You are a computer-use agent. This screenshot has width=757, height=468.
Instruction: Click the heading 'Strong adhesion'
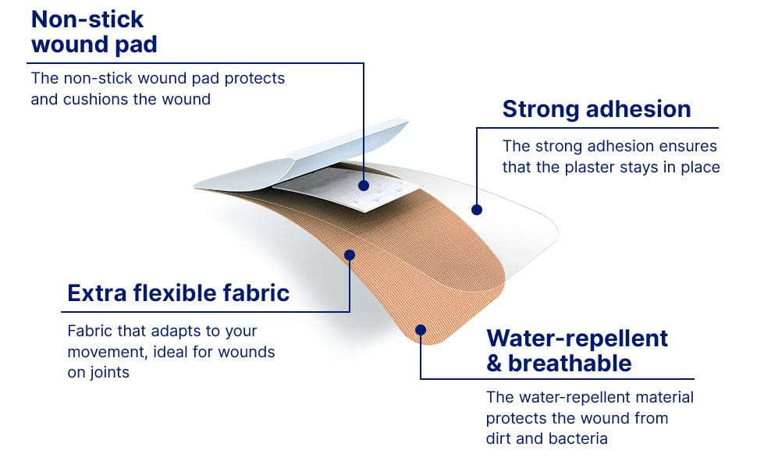pyautogui.click(x=596, y=109)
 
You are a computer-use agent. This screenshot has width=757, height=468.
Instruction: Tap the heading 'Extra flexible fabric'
pyautogui.click(x=178, y=292)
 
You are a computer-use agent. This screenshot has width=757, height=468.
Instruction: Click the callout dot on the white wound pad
pyautogui.click(x=364, y=186)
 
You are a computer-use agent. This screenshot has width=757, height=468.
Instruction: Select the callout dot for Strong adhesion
pyautogui.click(x=477, y=209)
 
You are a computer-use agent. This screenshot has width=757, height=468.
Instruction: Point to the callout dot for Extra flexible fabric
pyautogui.click(x=350, y=254)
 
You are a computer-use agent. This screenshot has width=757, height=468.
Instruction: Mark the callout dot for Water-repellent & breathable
pyautogui.click(x=421, y=330)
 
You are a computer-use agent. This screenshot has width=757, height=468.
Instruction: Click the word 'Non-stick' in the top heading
pyautogui.click(x=88, y=19)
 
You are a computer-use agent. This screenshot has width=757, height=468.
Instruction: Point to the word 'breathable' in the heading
pyautogui.click(x=570, y=363)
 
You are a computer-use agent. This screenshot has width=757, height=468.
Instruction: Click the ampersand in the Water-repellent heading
pyautogui.click(x=494, y=363)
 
